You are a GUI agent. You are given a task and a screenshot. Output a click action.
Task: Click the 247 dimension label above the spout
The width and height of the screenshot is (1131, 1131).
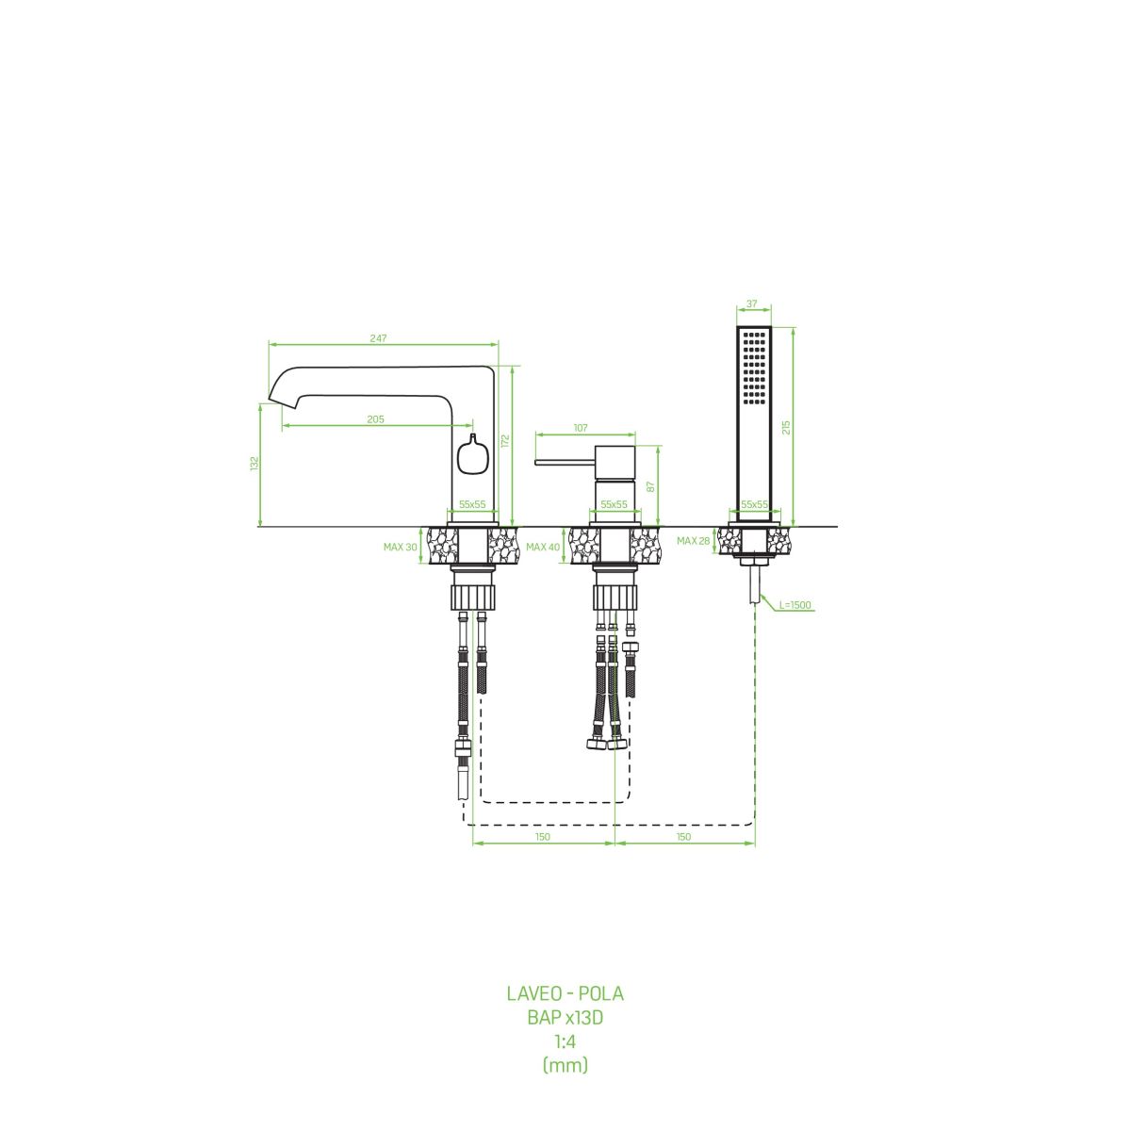(x=379, y=338)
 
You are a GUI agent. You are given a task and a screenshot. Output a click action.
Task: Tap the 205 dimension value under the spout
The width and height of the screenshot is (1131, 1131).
(x=376, y=419)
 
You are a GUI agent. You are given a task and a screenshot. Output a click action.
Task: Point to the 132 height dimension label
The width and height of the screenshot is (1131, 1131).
(x=254, y=463)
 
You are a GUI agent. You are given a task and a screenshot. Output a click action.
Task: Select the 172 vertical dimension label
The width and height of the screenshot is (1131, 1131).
(x=505, y=441)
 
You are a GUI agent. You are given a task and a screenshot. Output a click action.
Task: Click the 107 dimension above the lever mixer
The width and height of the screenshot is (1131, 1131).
(x=581, y=428)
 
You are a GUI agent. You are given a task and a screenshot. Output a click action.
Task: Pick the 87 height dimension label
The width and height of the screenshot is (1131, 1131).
(x=650, y=486)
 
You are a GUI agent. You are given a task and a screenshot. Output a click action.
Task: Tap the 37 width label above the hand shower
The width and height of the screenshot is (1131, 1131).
(x=752, y=304)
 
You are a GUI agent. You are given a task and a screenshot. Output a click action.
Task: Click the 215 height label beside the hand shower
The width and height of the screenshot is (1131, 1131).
(x=786, y=427)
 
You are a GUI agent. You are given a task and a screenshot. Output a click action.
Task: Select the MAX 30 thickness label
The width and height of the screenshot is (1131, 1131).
(x=401, y=547)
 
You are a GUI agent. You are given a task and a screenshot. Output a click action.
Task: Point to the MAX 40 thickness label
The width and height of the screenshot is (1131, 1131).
(x=543, y=547)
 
